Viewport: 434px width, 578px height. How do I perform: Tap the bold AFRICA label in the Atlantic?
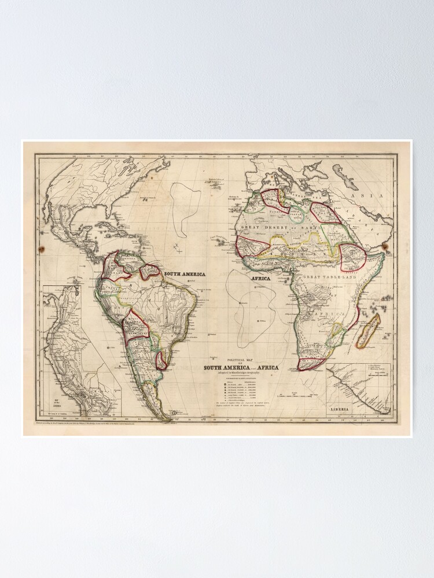click(x=261, y=278)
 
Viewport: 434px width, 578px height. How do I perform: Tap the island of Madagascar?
click(x=367, y=331)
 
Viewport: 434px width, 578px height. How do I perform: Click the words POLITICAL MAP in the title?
click(x=240, y=359)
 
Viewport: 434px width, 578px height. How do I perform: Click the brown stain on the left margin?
click(x=41, y=249)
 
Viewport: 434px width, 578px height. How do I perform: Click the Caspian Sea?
click(x=345, y=176)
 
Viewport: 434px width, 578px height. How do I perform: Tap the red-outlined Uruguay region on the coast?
click(x=161, y=360)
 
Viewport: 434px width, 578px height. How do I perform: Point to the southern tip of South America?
click(x=167, y=417)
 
